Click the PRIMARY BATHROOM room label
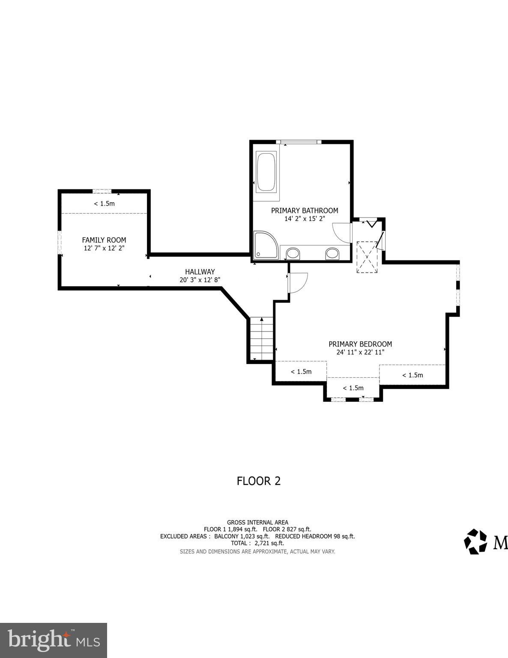pyautogui.click(x=304, y=210)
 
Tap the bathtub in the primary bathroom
pyautogui.click(x=266, y=172)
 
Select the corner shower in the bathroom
pyautogui.click(x=264, y=246)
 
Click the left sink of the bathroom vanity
pyautogui.click(x=293, y=253)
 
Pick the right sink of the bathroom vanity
pyautogui.click(x=332, y=253)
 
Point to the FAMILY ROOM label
pyautogui.click(x=104, y=240)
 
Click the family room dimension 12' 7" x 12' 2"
pyautogui.click(x=104, y=248)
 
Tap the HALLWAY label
pyautogui.click(x=200, y=272)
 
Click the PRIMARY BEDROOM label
pyautogui.click(x=360, y=344)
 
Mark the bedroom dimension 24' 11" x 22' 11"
pyautogui.click(x=360, y=352)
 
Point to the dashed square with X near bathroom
pyautogui.click(x=368, y=257)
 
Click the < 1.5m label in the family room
pyautogui.click(x=104, y=203)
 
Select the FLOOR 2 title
pyautogui.click(x=258, y=481)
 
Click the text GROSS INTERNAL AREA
pyautogui.click(x=257, y=522)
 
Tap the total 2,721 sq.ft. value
pyautogui.click(x=269, y=543)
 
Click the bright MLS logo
pyautogui.click(x=54, y=640)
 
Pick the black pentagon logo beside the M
pyautogui.click(x=475, y=541)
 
